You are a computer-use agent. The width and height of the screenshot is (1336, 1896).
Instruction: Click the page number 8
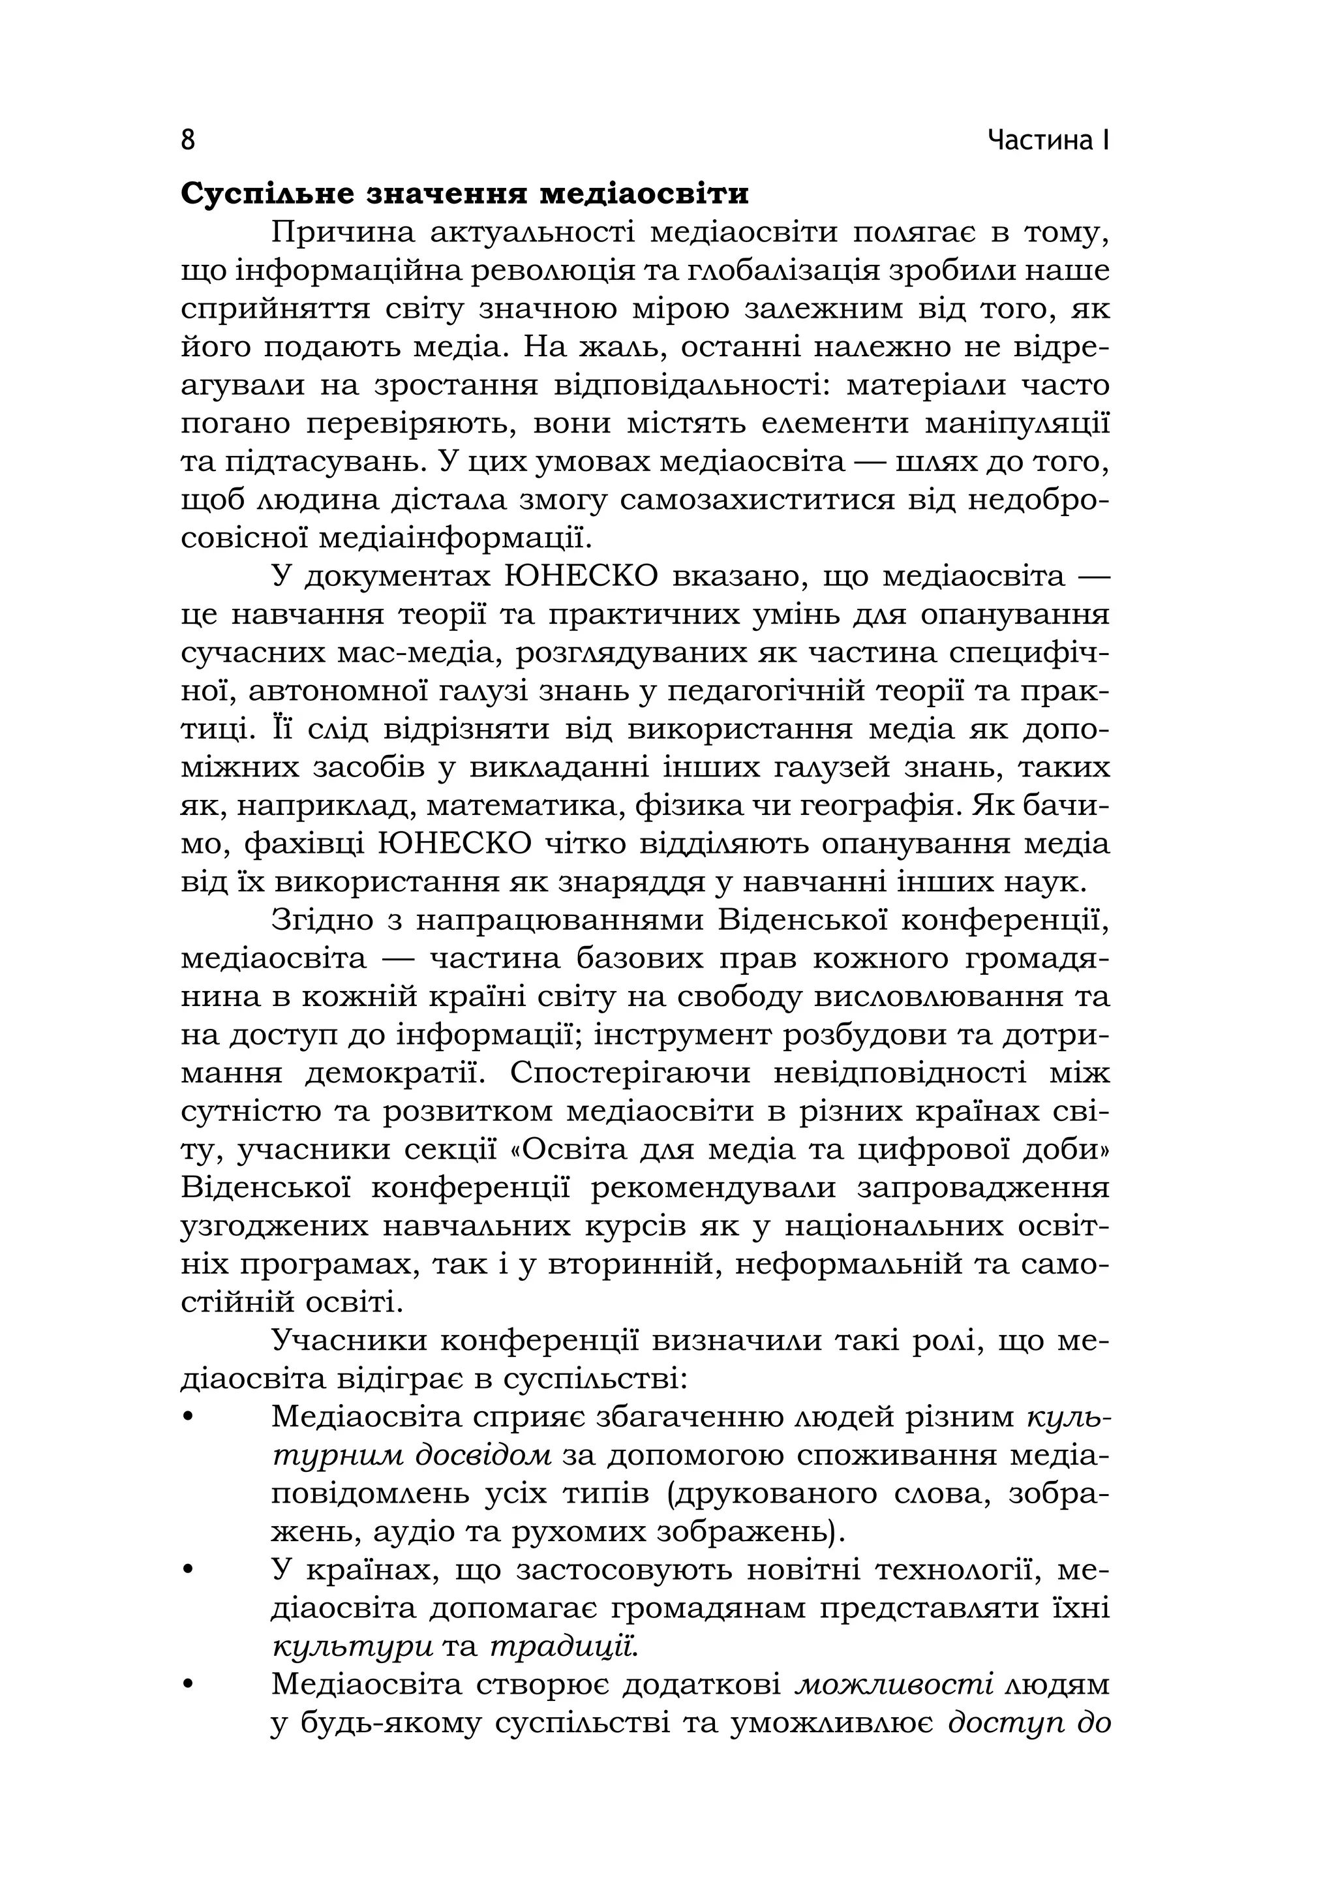click(189, 140)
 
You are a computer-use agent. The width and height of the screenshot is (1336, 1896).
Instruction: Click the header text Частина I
click(1049, 141)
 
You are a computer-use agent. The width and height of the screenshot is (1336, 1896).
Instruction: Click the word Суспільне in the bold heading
click(266, 194)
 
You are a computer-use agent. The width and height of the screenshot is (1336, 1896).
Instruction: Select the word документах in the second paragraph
click(397, 576)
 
